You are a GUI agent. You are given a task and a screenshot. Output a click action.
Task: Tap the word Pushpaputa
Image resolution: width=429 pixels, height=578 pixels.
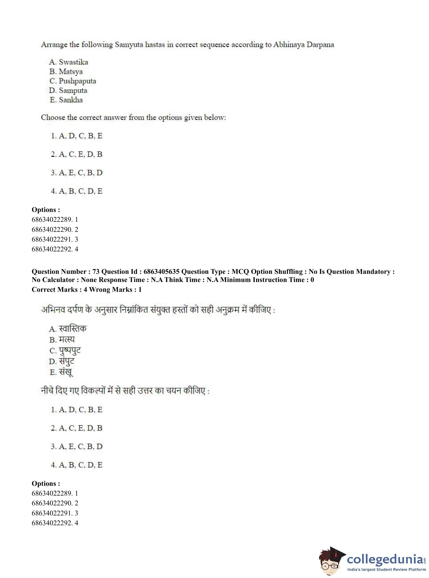[x=77, y=81]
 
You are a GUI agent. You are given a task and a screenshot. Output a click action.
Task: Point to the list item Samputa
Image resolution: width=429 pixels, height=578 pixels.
[x=73, y=91]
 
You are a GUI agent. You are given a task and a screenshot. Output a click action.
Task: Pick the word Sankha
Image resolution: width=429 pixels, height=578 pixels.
[x=71, y=100]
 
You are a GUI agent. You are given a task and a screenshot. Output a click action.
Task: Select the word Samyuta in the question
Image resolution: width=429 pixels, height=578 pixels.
[x=129, y=45]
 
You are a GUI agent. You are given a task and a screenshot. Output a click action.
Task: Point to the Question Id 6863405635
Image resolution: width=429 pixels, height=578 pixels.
[x=161, y=272]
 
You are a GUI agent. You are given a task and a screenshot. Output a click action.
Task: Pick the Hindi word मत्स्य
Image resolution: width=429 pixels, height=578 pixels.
[x=67, y=339]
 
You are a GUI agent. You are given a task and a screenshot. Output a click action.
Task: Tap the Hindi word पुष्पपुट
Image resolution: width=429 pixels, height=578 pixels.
[x=70, y=350]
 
